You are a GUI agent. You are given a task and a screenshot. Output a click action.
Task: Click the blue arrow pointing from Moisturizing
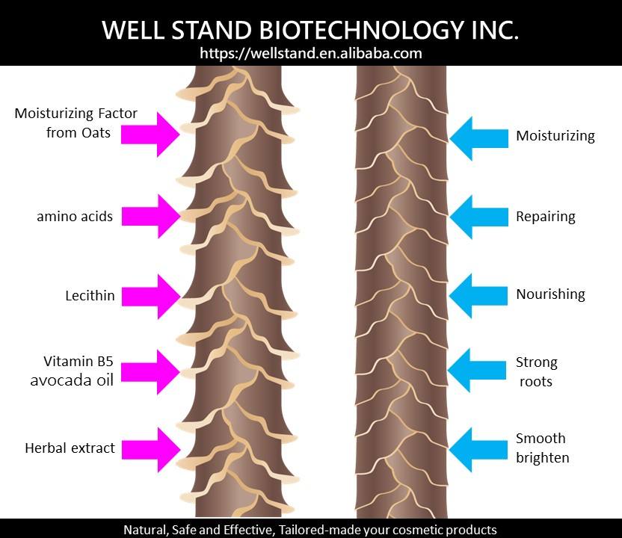pyautogui.click(x=478, y=137)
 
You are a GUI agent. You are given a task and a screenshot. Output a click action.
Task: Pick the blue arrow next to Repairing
pyautogui.click(x=478, y=217)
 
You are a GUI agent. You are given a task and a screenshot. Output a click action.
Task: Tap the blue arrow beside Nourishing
pyautogui.click(x=478, y=294)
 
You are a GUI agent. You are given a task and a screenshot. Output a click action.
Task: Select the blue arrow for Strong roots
pyautogui.click(x=478, y=370)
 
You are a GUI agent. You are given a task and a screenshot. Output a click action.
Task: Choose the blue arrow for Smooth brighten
pyautogui.click(x=478, y=448)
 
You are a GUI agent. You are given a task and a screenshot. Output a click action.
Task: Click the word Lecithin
pyautogui.click(x=90, y=296)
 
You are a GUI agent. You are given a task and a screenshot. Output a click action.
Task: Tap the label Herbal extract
pyautogui.click(x=70, y=448)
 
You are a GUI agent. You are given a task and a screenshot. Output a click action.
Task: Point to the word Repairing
pyautogui.click(x=546, y=217)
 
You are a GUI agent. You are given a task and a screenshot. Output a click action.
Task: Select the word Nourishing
pyautogui.click(x=550, y=294)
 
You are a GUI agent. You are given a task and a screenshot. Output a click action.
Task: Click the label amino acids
pyautogui.click(x=75, y=217)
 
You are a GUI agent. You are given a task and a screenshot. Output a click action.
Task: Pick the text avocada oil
pyautogui.click(x=72, y=380)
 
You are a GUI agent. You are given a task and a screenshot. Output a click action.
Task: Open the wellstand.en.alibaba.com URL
pyautogui.click(x=311, y=54)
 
